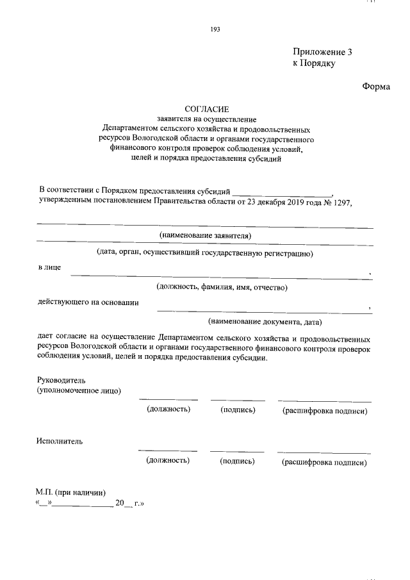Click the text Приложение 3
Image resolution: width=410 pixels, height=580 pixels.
pos(323,52)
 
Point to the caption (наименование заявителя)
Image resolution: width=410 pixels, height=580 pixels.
pos(206,236)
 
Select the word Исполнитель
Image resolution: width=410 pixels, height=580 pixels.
pos(60,441)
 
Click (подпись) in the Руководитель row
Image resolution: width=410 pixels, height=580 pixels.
pos(238,410)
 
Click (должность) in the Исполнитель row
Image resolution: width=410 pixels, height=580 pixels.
pos(168,460)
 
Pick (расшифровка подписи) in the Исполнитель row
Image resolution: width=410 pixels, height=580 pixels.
pos(324,461)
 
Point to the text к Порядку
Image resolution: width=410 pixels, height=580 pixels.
pos(315,63)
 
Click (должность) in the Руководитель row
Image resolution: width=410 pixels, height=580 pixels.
pos(168,409)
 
